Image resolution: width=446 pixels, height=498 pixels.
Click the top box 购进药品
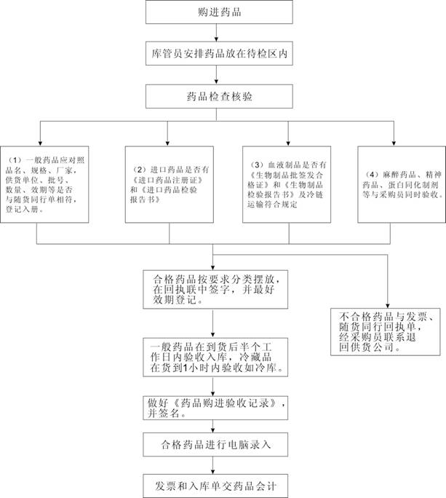219,13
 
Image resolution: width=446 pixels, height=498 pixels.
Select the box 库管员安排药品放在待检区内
219,55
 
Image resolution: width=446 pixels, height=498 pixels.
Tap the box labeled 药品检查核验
219,95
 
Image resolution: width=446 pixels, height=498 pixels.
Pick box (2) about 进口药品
168,183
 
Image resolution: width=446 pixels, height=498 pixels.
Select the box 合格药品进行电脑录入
215,443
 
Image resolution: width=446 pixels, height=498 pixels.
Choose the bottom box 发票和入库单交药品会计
215,483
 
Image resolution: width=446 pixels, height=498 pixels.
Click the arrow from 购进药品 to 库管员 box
219,35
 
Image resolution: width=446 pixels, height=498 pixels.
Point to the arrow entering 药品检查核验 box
219,79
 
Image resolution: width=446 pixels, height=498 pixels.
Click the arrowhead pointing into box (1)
40,141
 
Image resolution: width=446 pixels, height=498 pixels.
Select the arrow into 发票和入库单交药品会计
215,466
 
